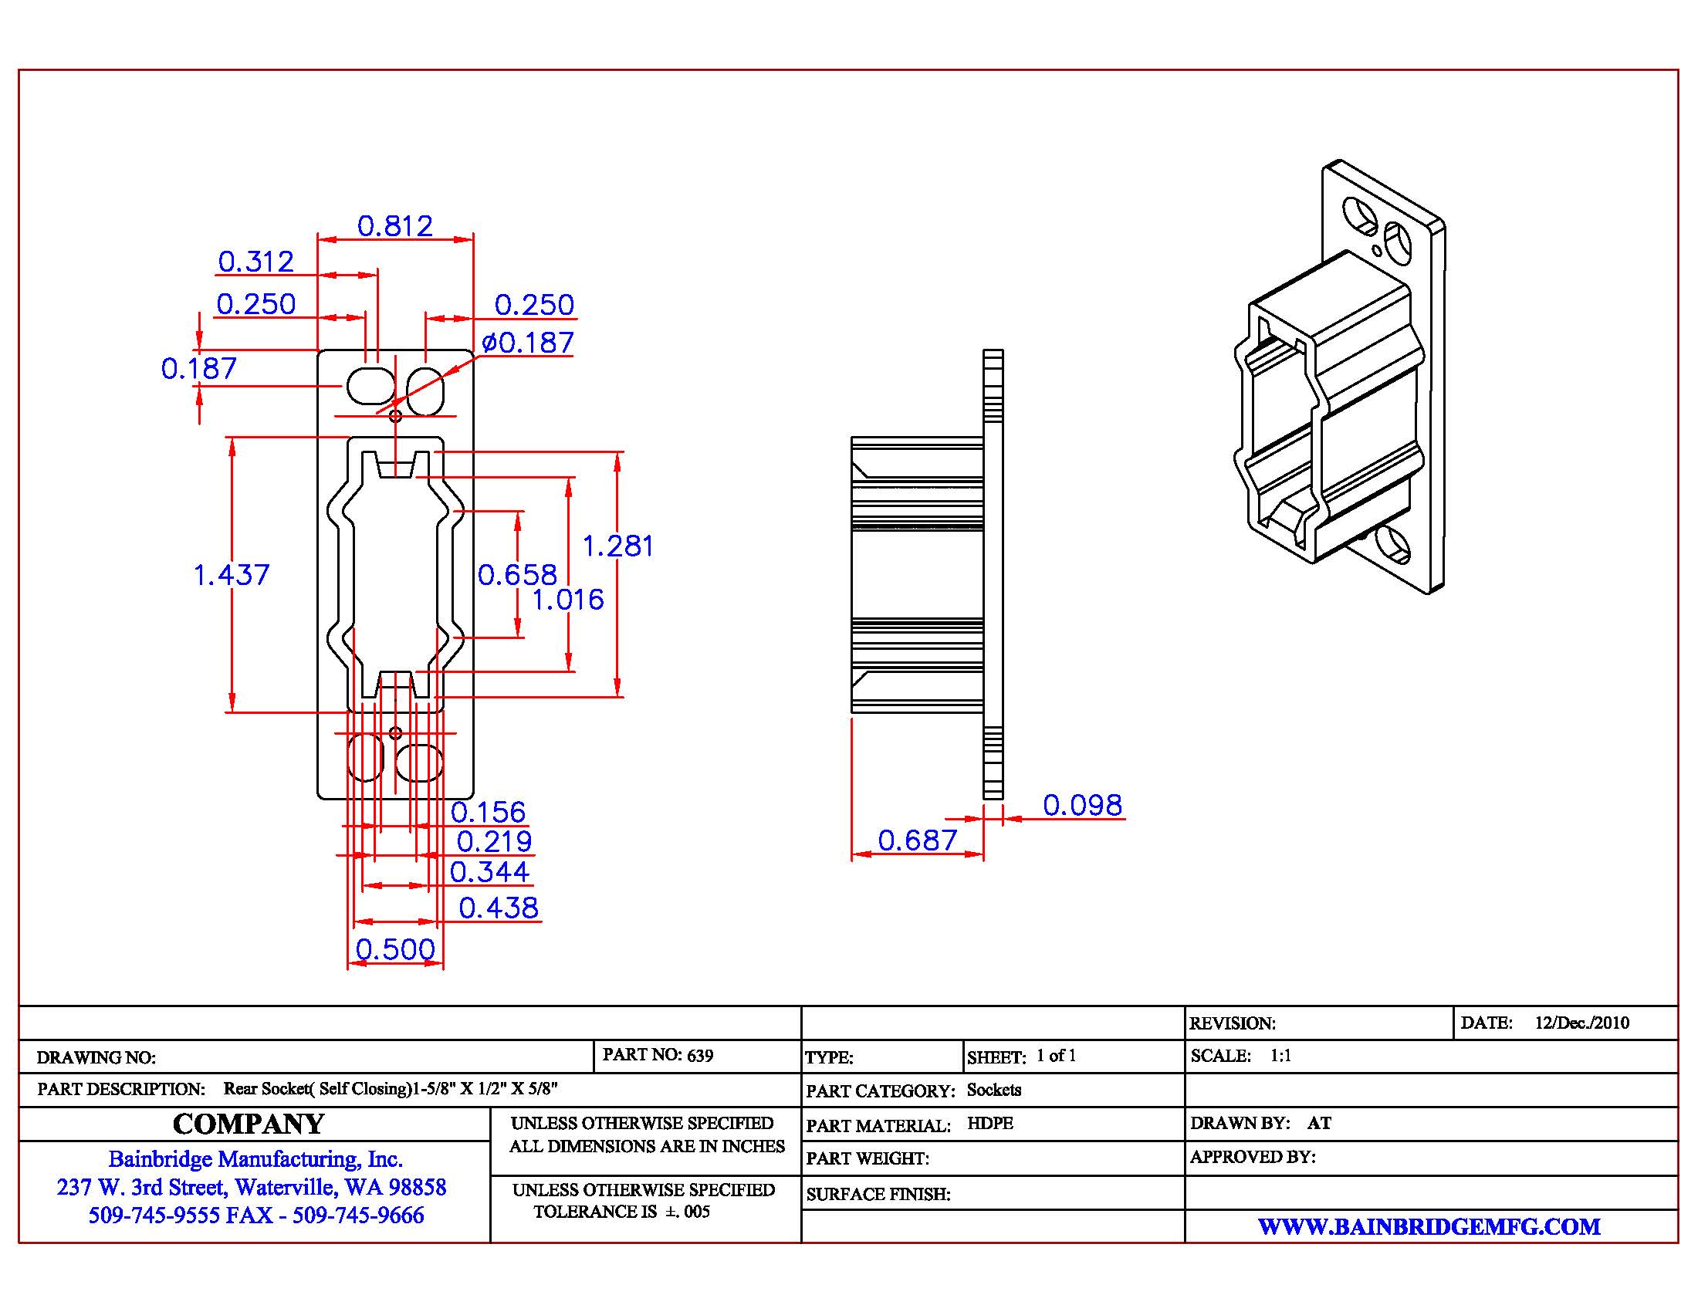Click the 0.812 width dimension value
point(395,226)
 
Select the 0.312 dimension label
point(255,262)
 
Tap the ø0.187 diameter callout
point(528,343)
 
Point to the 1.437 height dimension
point(231,575)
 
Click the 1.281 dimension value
point(618,546)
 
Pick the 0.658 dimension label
point(518,575)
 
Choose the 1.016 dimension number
point(567,600)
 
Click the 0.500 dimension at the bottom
point(396,949)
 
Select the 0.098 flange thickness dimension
point(1082,805)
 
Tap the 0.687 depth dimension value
point(918,840)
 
